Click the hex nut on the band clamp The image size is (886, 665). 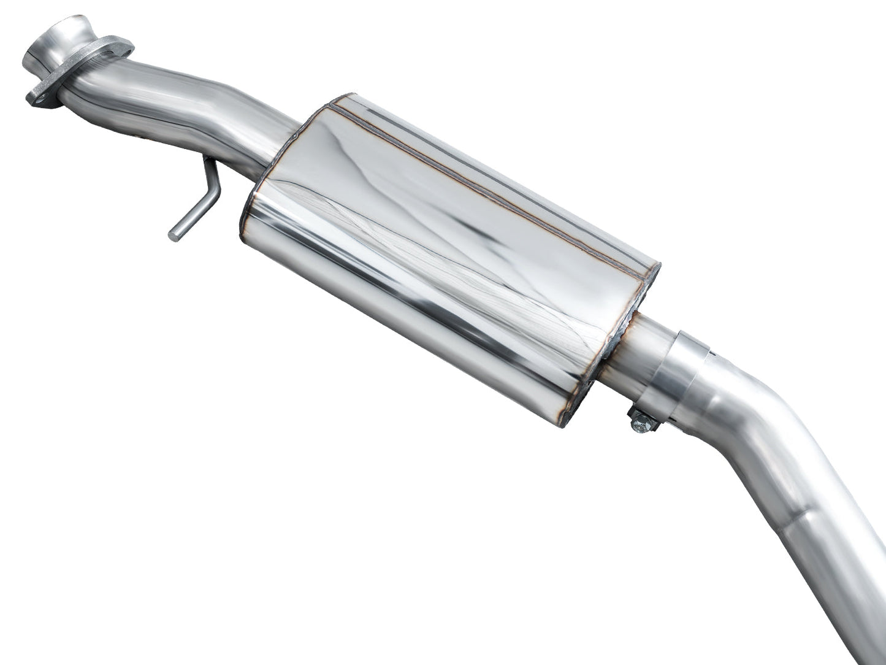641,421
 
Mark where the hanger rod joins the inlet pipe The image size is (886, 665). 207,161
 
